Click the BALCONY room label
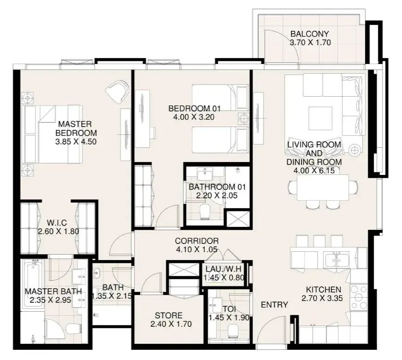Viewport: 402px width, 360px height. [x=309, y=34]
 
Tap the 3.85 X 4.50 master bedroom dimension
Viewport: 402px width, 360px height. [x=76, y=141]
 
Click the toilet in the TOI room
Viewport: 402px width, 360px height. [x=233, y=331]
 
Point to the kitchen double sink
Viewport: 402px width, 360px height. [x=336, y=260]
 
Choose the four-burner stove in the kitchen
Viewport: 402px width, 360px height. [x=359, y=297]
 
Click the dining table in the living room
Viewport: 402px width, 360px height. [x=323, y=188]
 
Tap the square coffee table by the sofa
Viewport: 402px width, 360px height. [x=319, y=118]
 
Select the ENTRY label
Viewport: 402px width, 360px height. [x=274, y=305]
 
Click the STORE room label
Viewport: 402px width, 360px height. [x=169, y=315]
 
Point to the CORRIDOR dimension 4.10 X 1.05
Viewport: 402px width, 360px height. [x=197, y=250]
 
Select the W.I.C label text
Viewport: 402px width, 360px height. [x=57, y=222]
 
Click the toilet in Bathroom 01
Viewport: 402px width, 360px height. [x=204, y=212]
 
